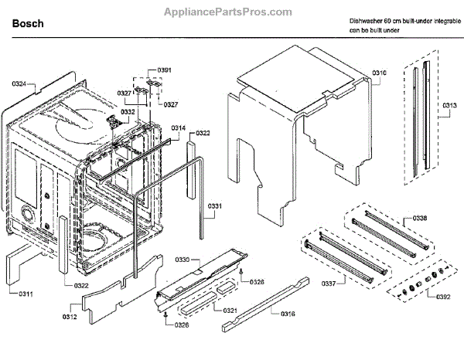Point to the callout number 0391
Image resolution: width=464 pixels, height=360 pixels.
(x=164, y=70)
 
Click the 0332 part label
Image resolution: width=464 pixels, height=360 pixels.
(x=128, y=112)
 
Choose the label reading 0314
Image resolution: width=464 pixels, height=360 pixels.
(x=178, y=127)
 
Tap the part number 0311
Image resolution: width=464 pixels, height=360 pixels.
(x=26, y=294)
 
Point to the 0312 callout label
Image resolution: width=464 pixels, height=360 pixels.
(x=70, y=316)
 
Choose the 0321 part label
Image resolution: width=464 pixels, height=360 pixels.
(x=230, y=311)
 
